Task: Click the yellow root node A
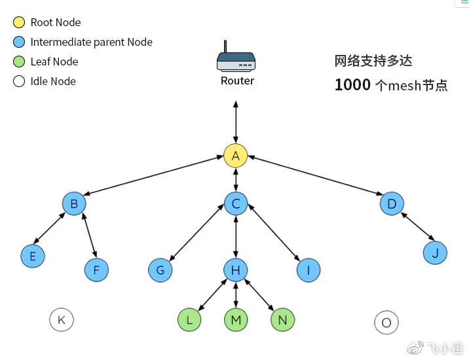click(x=236, y=156)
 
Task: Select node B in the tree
click(x=74, y=204)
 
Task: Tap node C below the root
click(x=236, y=204)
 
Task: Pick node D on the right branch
click(x=392, y=204)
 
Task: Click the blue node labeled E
click(x=33, y=256)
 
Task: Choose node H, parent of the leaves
click(x=236, y=270)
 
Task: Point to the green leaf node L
click(x=189, y=320)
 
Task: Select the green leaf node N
click(x=283, y=320)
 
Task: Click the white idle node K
click(x=62, y=320)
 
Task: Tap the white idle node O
click(x=386, y=322)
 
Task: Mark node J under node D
click(x=436, y=252)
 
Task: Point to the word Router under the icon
click(x=237, y=81)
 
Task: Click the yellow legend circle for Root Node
click(x=19, y=22)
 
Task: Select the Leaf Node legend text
click(x=54, y=62)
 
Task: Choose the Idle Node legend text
click(x=53, y=81)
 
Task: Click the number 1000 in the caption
click(x=353, y=85)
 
